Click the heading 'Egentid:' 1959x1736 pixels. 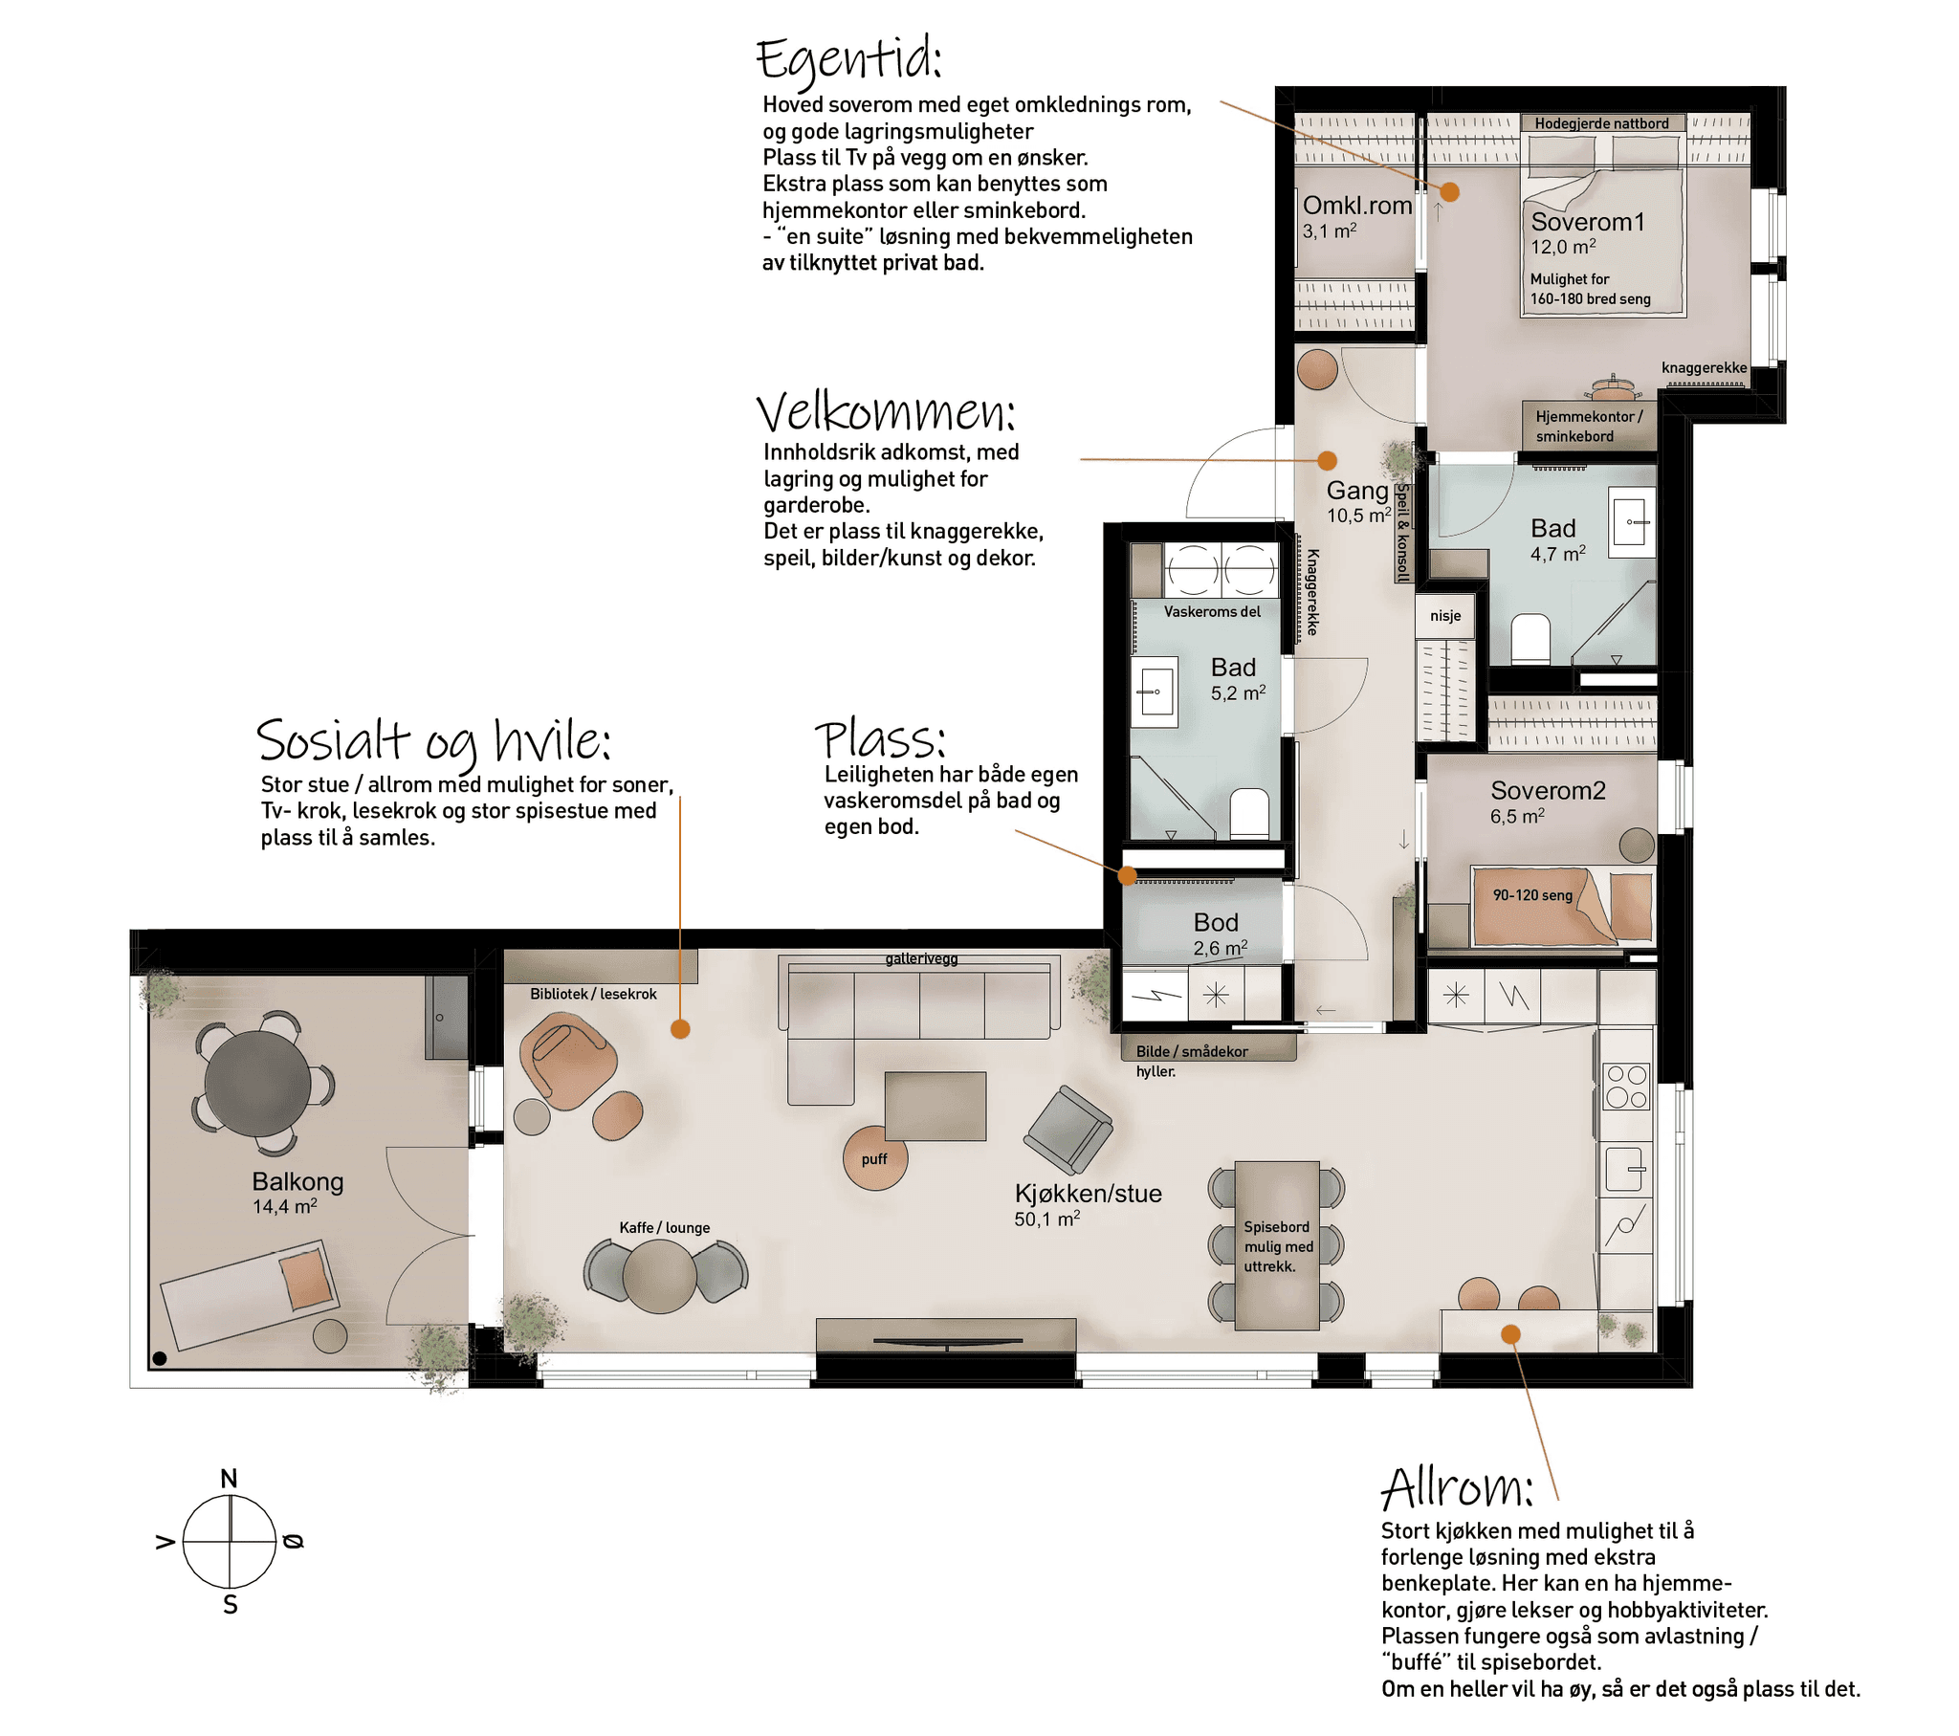coord(848,59)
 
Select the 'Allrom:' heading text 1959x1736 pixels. coord(1456,1487)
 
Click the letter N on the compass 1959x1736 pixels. coord(228,1478)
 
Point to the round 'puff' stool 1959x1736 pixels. coord(875,1158)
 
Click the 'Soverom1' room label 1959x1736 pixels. coord(1587,222)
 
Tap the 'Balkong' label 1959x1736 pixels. coord(297,1181)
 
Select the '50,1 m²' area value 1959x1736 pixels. coord(1046,1219)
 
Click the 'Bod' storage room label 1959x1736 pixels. coord(1215,922)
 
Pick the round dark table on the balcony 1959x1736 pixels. coord(258,1083)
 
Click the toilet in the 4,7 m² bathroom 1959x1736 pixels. coord(1530,638)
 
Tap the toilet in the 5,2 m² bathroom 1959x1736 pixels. coord(1249,813)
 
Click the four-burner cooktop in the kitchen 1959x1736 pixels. coord(1626,1088)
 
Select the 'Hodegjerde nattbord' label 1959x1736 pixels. coord(1600,123)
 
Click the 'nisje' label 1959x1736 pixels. coord(1445,615)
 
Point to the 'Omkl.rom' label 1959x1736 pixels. coord(1357,205)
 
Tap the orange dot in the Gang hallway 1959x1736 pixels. coord(1328,460)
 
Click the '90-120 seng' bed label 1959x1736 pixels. coord(1532,895)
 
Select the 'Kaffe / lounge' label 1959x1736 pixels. coord(664,1227)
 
